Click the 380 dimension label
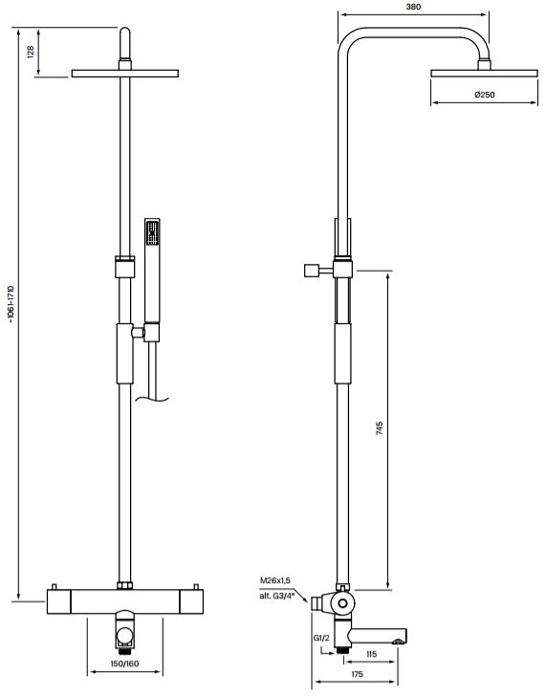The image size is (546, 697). point(413,7)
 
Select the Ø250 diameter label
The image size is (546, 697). point(484,95)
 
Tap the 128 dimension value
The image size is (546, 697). point(31,52)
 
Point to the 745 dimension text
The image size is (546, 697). point(380,427)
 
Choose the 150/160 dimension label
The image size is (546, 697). point(124,664)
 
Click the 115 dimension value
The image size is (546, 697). point(372,654)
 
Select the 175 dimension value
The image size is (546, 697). point(357,674)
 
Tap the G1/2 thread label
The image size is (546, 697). point(321,638)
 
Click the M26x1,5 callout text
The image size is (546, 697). point(275,580)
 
